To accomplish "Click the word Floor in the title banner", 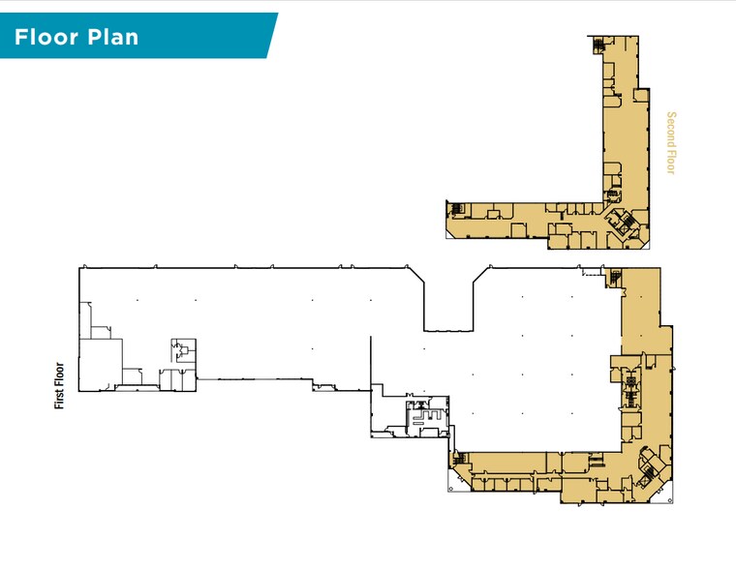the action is [46, 37].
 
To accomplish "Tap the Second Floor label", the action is [672, 143].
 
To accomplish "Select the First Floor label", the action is [59, 385].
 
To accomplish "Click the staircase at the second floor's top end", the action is [598, 45].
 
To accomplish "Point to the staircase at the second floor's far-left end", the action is [457, 208].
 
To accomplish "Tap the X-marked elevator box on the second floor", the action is [613, 194].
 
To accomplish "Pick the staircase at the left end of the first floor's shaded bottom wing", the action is [460, 458].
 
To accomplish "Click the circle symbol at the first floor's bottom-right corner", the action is [668, 500].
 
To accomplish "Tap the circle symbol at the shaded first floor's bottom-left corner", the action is [451, 489].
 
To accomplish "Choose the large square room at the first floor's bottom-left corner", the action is [101, 365].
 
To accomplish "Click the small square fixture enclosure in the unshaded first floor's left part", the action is [184, 351].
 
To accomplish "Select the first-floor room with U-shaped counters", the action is [427, 415].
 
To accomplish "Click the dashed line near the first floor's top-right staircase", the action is [593, 272].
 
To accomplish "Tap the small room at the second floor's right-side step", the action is [641, 95].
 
